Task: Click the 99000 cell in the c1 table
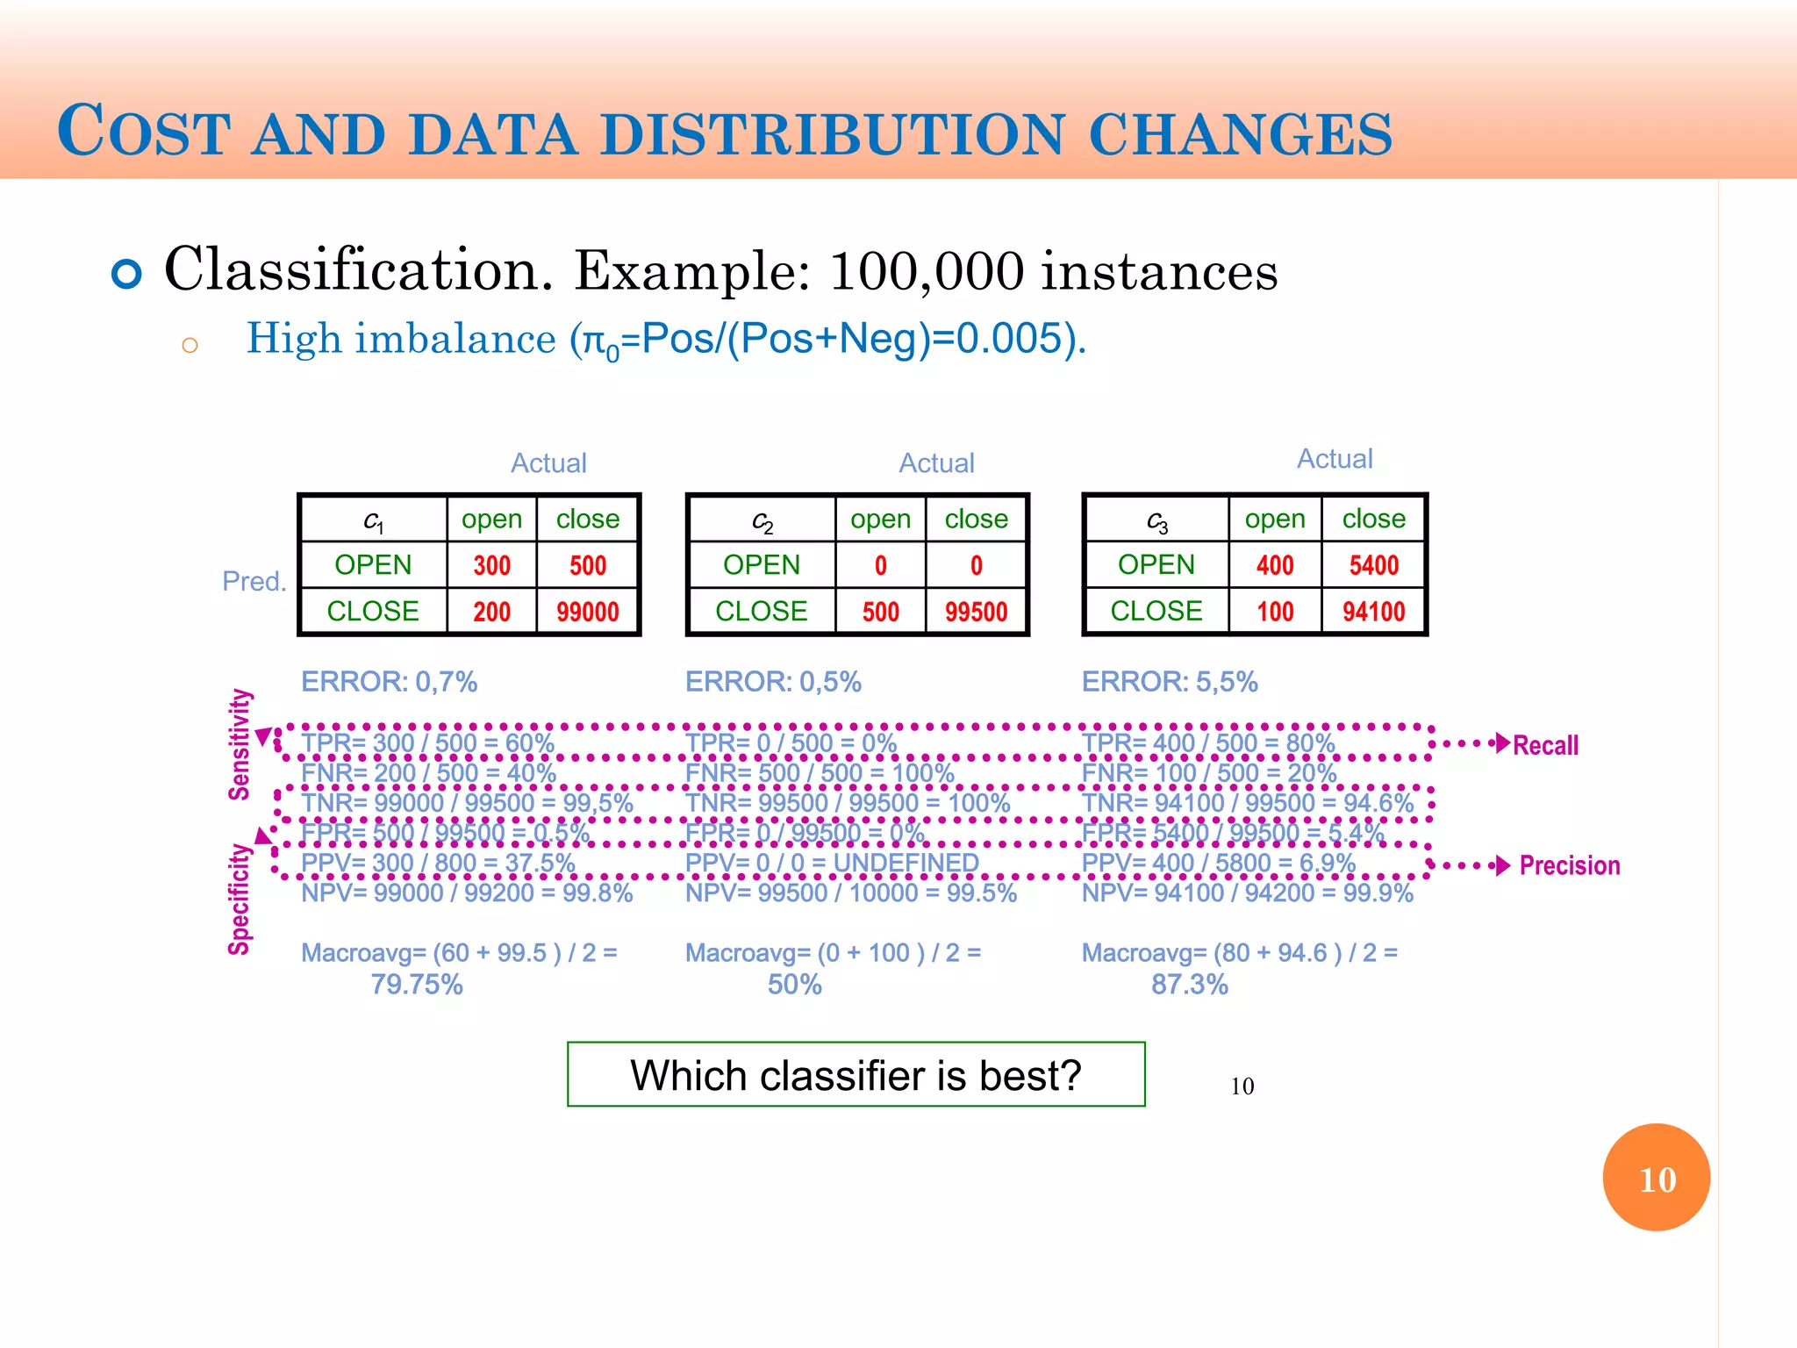587,612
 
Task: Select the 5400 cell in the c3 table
1373,565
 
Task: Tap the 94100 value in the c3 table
1373,612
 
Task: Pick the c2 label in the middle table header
762,521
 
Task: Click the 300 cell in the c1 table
491,565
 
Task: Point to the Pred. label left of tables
254,581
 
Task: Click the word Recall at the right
1545,745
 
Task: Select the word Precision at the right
1569,865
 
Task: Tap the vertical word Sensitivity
240,744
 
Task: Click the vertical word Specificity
240,899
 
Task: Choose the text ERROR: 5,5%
1169,682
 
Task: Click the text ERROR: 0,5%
772,682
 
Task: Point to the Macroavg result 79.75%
416,985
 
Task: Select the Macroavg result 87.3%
1189,985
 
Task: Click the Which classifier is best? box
856,1075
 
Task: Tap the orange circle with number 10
1656,1178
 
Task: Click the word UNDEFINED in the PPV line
906,863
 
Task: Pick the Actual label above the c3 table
1334,459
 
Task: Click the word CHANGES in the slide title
1240,134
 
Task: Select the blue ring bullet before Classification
127,274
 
